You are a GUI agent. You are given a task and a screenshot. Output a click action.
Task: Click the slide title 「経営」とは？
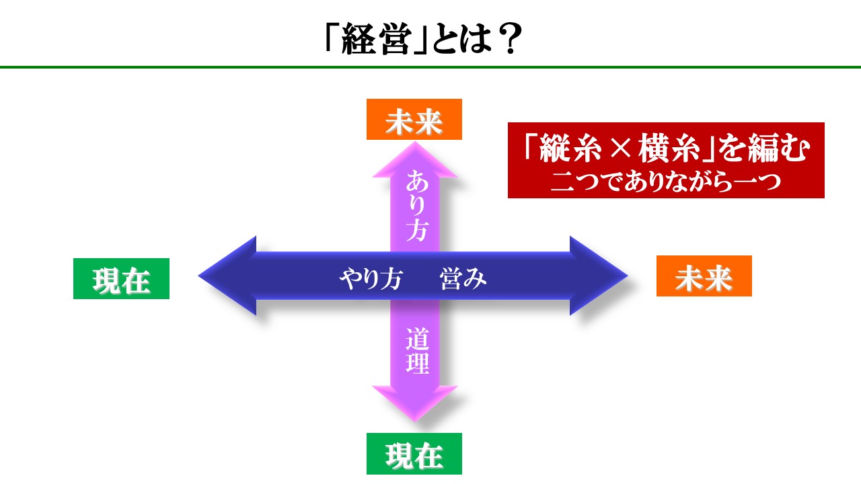pyautogui.click(x=424, y=38)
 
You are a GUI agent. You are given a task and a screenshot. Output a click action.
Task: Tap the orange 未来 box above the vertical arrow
pyautogui.click(x=414, y=119)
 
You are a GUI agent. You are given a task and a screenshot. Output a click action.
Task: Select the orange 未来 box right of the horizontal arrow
pyautogui.click(x=704, y=276)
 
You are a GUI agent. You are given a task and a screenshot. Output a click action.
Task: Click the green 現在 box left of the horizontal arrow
pyautogui.click(x=121, y=278)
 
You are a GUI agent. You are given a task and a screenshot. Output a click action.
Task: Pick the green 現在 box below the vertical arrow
pyautogui.click(x=414, y=454)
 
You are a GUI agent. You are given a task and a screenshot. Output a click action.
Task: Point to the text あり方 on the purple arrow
pyautogui.click(x=416, y=206)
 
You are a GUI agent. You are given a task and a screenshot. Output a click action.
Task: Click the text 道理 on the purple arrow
pyautogui.click(x=417, y=350)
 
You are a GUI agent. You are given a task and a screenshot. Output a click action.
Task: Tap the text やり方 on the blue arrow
pyautogui.click(x=371, y=278)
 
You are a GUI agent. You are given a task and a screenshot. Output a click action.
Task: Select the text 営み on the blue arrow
pyautogui.click(x=463, y=278)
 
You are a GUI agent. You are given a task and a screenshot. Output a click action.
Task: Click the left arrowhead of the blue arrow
pyautogui.click(x=227, y=276)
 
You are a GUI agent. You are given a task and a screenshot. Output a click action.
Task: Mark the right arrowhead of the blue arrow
pyautogui.click(x=599, y=276)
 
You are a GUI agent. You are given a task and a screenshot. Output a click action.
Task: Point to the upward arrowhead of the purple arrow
pyautogui.click(x=415, y=159)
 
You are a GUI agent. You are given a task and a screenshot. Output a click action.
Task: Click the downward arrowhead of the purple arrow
pyautogui.click(x=415, y=403)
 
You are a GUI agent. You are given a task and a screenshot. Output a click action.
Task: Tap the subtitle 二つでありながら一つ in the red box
pyautogui.click(x=666, y=182)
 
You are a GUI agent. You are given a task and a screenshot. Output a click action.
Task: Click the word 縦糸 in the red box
pyautogui.click(x=570, y=149)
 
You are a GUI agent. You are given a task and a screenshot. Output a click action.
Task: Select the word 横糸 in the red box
pyautogui.click(x=669, y=149)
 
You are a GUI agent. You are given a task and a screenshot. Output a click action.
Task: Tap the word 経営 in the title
pyautogui.click(x=377, y=38)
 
